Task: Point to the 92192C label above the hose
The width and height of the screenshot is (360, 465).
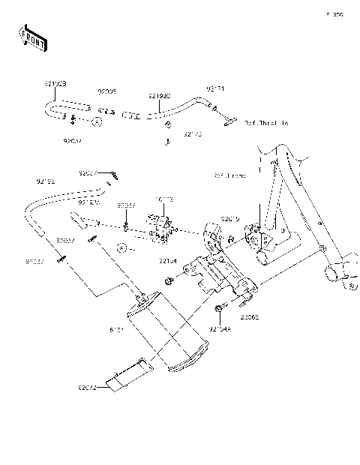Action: coord(159,96)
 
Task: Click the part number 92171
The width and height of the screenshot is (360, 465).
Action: coord(215,89)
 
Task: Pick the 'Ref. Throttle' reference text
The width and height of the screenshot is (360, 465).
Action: coord(266,122)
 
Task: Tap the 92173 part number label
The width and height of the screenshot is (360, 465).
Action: coord(193,135)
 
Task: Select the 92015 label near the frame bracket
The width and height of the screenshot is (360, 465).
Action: coord(230,218)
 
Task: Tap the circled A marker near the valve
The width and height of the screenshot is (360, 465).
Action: coord(120,247)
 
